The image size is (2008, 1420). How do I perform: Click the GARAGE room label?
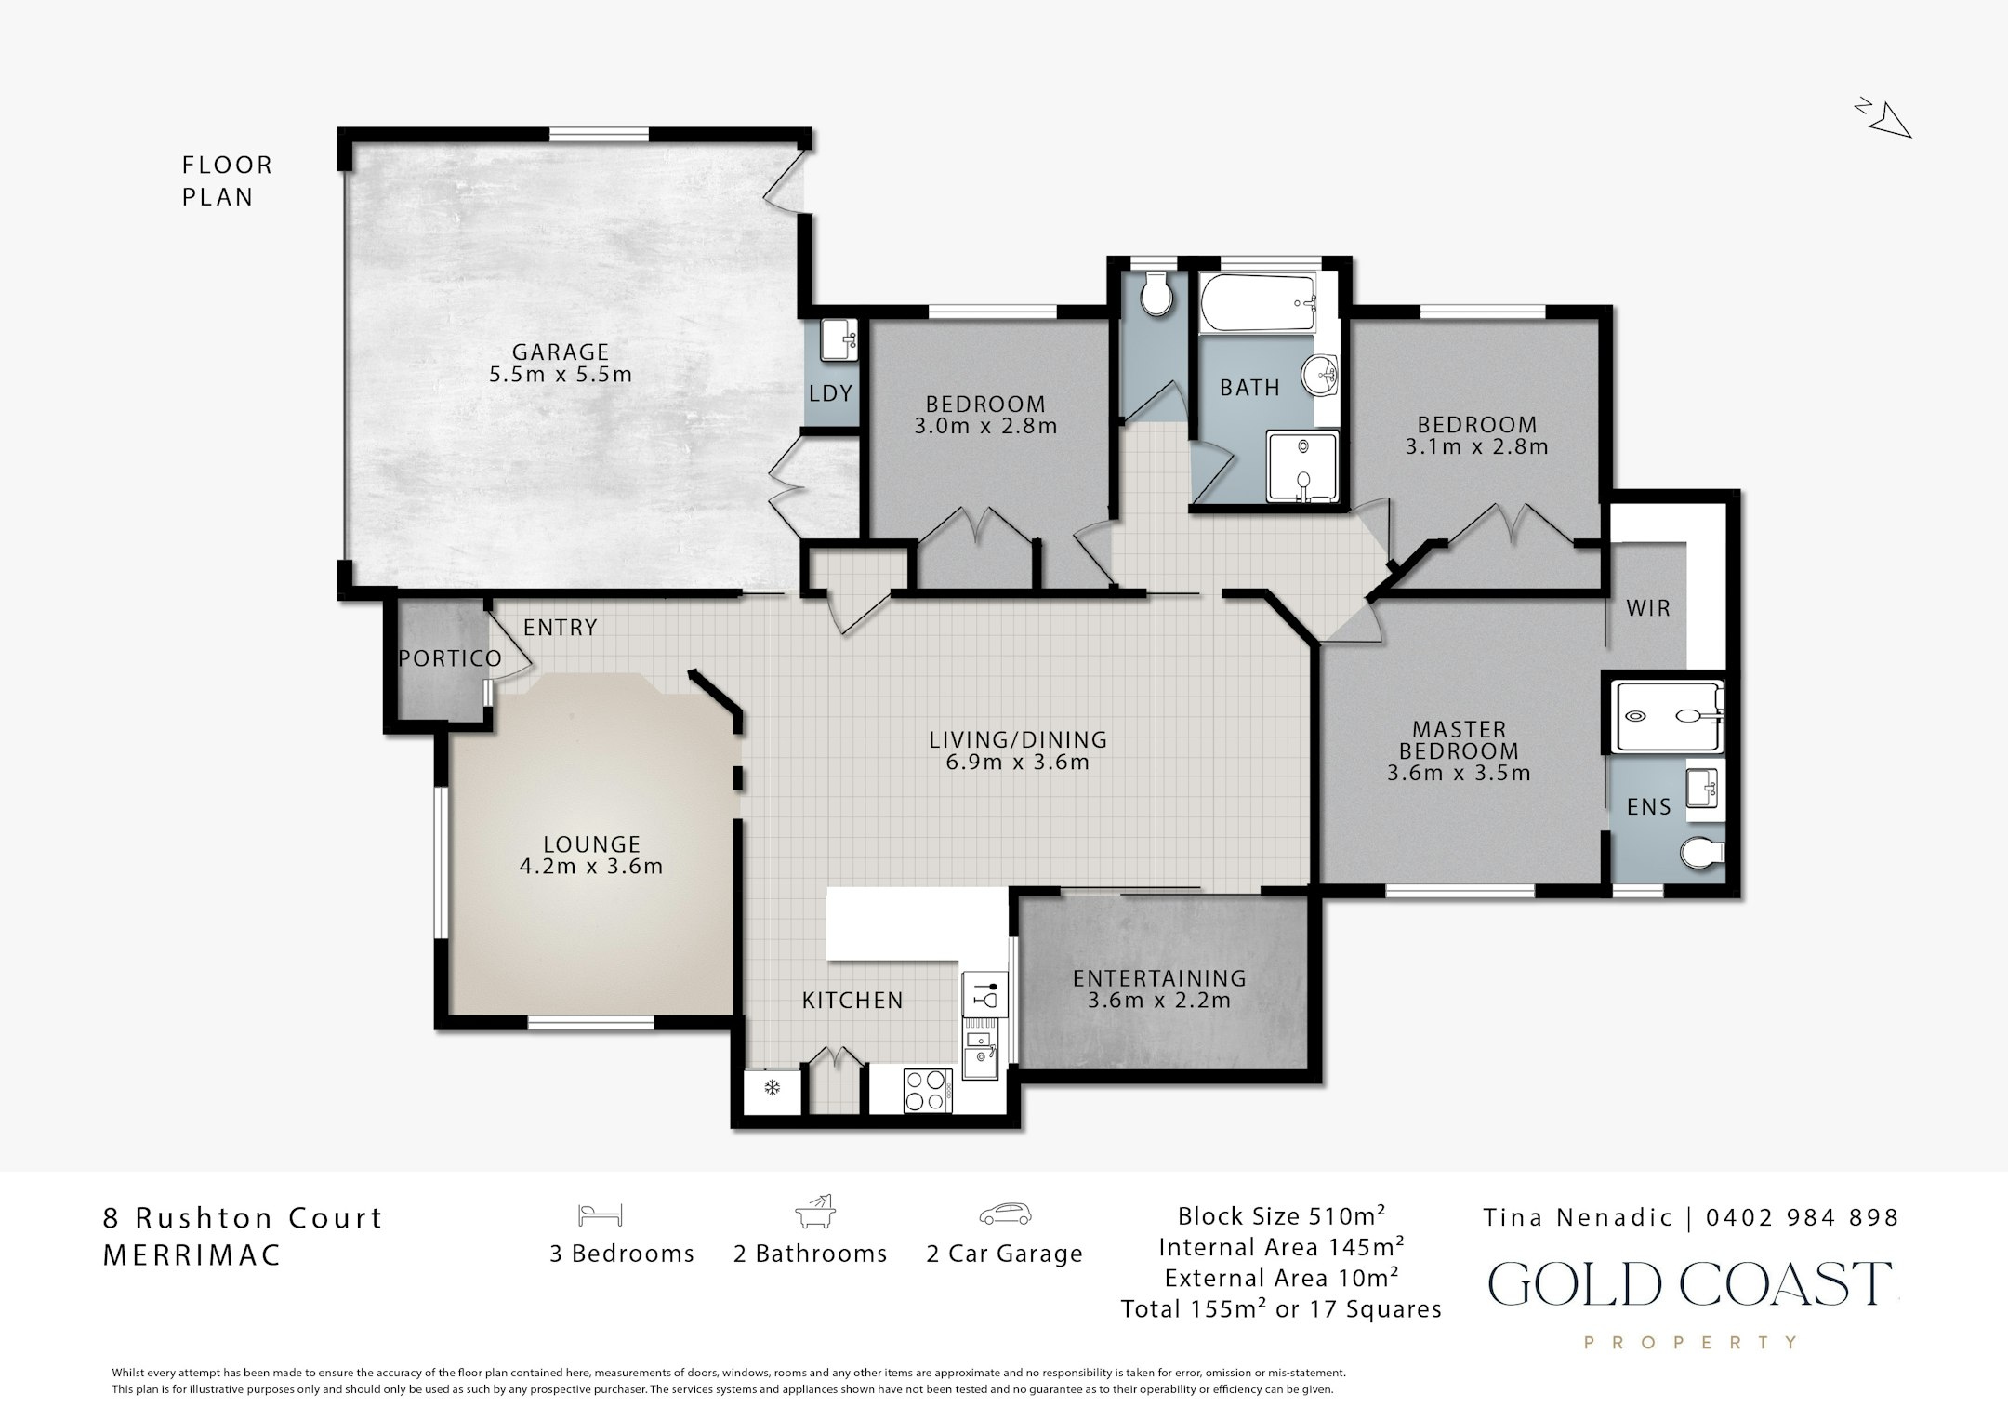561,352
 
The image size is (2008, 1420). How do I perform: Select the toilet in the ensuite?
1703,852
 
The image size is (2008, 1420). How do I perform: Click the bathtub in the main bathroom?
1258,303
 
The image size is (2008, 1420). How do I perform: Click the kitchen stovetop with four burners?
928,1091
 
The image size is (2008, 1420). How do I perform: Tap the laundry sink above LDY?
840,339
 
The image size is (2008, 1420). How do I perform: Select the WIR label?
1648,608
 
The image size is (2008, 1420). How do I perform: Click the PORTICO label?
450,658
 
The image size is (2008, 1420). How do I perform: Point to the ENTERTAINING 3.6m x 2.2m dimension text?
1159,1001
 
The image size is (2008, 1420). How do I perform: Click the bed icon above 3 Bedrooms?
600,1214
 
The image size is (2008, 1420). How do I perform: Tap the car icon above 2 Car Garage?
1005,1214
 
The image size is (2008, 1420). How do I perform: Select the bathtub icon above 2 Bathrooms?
815,1213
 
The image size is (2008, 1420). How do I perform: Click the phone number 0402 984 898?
1802,1217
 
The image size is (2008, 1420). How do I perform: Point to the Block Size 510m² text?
1282,1215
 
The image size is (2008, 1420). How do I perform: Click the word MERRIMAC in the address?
192,1255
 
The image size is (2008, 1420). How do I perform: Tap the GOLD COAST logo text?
1690,1284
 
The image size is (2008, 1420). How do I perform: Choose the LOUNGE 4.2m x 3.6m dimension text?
591,867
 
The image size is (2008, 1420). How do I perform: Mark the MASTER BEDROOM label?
1459,740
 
